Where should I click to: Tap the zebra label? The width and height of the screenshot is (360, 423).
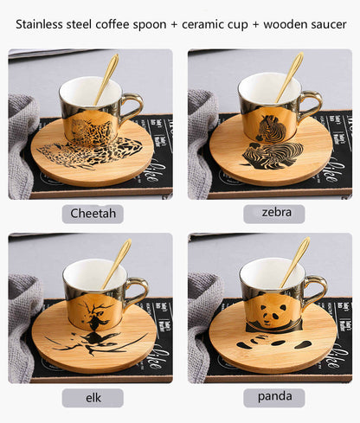[x=273, y=213]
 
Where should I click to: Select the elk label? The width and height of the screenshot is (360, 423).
[x=92, y=398]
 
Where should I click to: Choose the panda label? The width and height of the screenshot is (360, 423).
[x=273, y=398]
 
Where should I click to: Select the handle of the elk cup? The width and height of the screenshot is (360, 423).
[x=134, y=292]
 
